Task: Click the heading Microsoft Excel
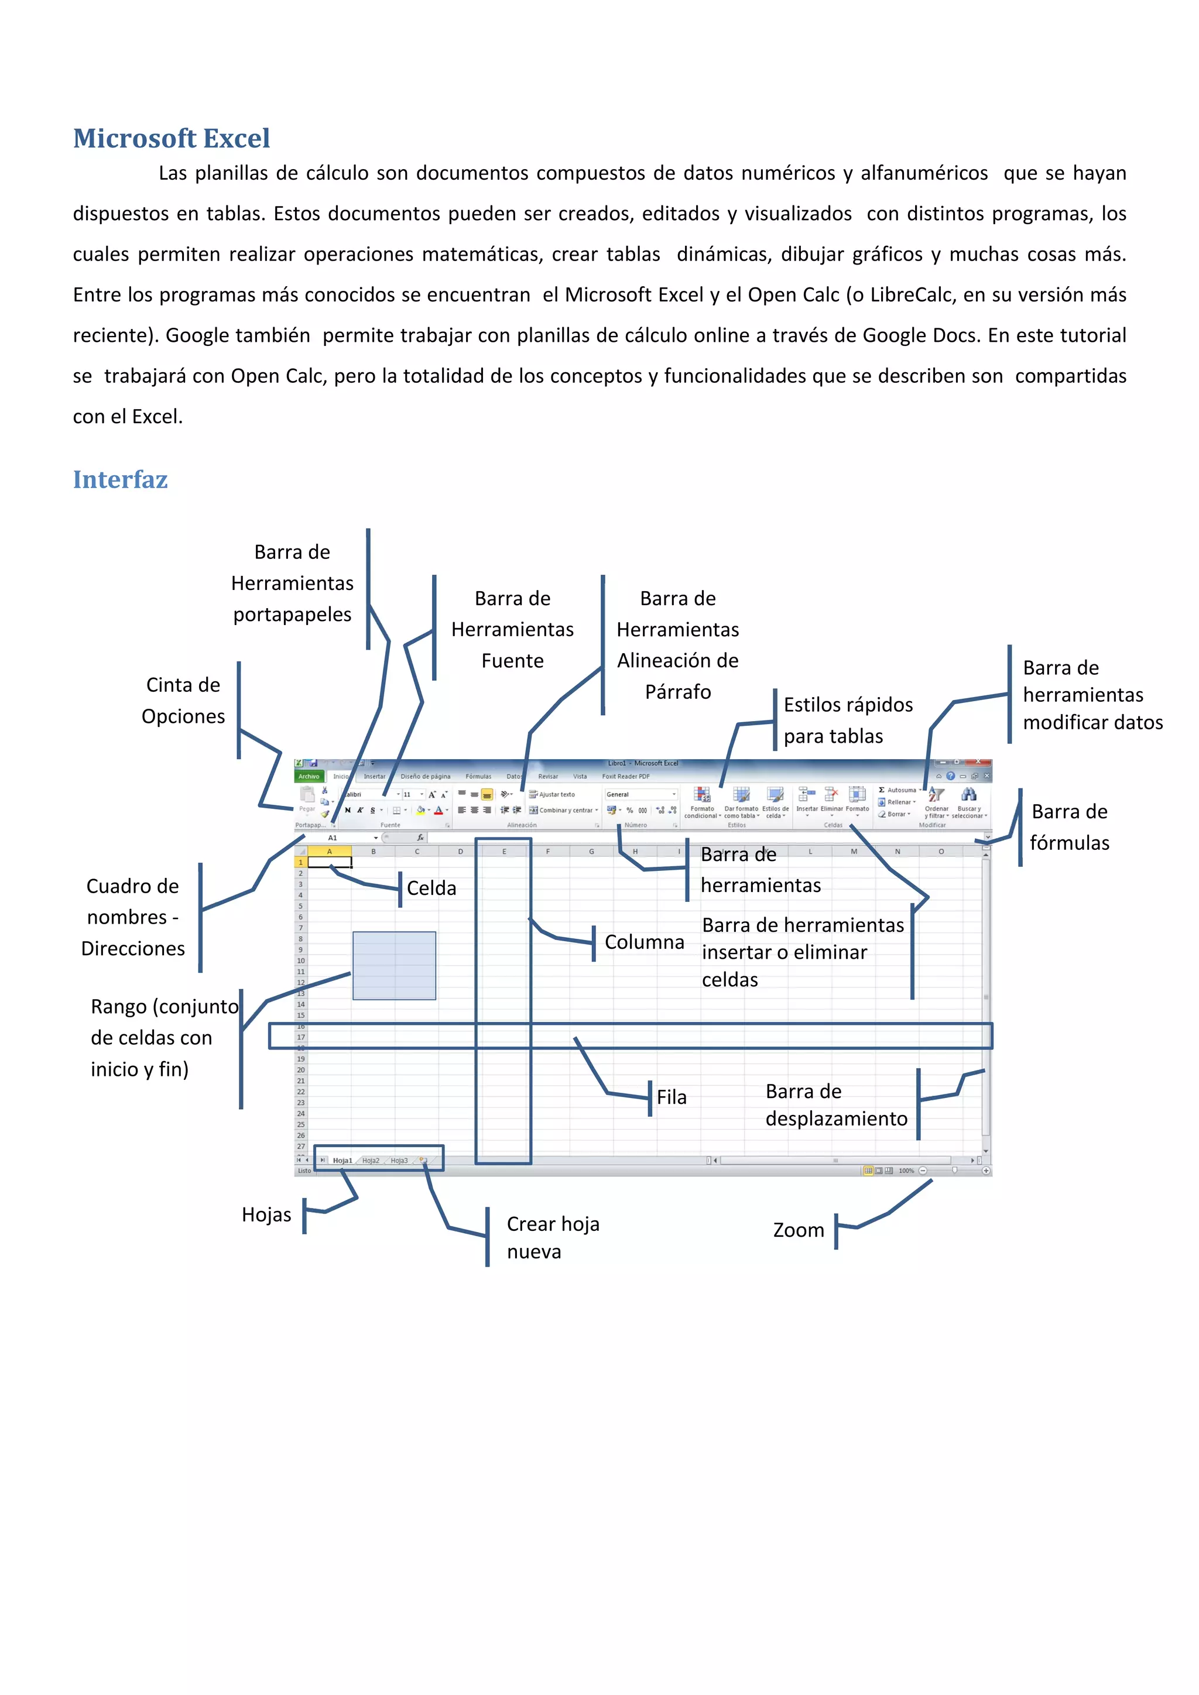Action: [172, 138]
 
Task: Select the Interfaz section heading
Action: [121, 479]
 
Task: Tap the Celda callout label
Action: [431, 888]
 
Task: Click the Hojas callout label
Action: [266, 1214]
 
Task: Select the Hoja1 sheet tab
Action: [342, 1161]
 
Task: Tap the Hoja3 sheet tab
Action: [399, 1161]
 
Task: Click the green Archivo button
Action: [309, 777]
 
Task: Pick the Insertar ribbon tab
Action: [374, 777]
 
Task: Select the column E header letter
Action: [504, 851]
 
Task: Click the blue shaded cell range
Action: [394, 966]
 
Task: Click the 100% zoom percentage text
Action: [906, 1171]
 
